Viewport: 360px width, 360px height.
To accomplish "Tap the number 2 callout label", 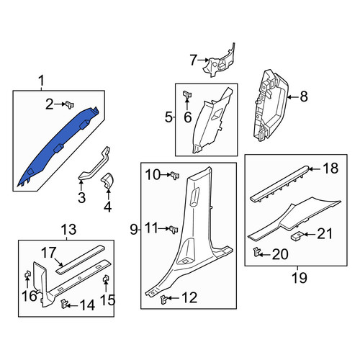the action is coord(50,104).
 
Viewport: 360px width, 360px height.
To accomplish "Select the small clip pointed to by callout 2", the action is coord(70,104).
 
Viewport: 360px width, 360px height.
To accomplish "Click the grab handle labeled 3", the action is coord(95,163).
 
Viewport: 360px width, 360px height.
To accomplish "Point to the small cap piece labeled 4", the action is coord(107,180).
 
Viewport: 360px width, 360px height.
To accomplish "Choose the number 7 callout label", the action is coord(194,60).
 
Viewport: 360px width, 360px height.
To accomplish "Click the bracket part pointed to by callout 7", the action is coord(219,61).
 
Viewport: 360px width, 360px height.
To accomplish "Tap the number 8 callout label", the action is coord(304,97).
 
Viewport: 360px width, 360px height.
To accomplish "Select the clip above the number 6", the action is coord(187,94).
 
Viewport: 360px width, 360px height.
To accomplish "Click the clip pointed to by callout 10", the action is coord(175,176).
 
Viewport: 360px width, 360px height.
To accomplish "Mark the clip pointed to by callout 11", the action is coord(174,229).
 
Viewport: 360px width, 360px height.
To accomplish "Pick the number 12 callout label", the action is coord(189,297).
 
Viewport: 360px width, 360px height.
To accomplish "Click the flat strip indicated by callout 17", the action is coord(81,259).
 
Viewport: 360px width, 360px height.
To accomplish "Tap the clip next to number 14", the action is coord(64,304).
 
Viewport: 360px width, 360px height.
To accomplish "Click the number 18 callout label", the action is coord(330,168).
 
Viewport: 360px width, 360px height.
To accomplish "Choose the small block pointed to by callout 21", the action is coord(297,235).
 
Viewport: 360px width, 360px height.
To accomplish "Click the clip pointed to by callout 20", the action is coord(257,252).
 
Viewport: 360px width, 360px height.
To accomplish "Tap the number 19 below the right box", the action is coord(300,278).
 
